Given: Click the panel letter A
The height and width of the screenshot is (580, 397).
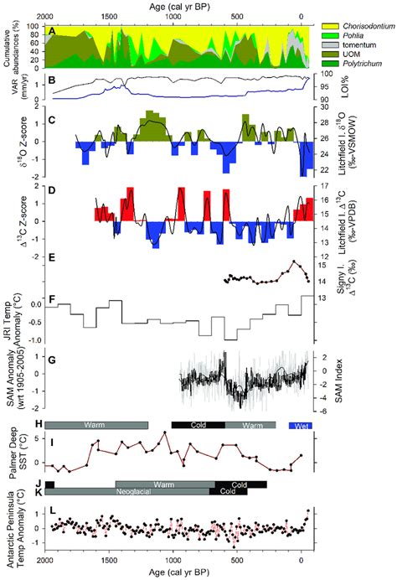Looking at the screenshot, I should [51, 31].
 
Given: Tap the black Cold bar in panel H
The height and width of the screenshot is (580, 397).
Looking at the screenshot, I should [198, 425].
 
